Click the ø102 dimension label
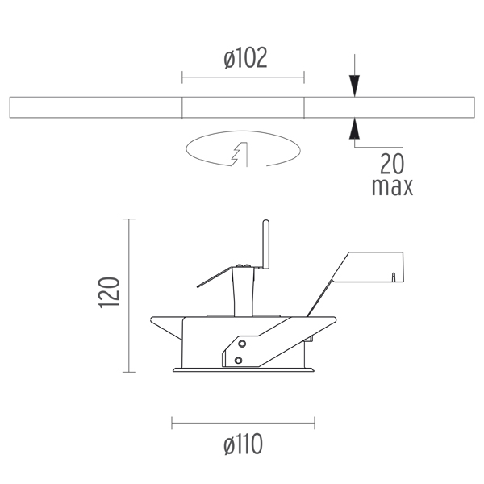pos(245,58)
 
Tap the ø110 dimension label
pos(244,444)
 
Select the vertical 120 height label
pos(109,293)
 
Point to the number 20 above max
pos(392,164)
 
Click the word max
pos(392,187)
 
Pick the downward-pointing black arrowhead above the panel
pos(354,86)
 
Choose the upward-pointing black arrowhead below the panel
pos(354,128)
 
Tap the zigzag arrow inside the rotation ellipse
pos(240,154)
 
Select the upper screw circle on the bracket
pos(242,344)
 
